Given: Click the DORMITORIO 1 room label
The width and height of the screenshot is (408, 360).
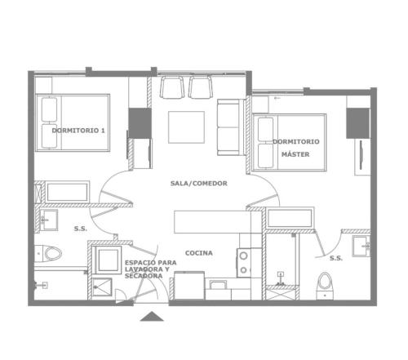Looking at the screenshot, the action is coord(78,131).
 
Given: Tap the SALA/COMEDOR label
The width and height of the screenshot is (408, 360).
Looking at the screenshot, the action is coord(199,183).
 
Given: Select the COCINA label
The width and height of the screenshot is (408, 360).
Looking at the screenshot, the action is coord(199,253).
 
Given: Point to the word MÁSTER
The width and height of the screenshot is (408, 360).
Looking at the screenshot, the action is coord(295,154).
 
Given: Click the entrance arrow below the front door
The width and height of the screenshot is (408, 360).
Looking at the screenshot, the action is coord(152,317).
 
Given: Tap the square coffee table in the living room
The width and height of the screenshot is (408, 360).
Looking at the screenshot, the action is coord(186,127).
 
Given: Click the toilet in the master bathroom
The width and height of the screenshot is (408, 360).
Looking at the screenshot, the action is coord(326,285).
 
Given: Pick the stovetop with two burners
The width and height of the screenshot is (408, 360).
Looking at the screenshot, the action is coord(244,263).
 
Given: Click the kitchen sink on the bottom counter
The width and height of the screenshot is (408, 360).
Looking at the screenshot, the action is coord(218,285).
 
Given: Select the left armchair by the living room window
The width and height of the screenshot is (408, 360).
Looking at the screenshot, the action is coord(171,87).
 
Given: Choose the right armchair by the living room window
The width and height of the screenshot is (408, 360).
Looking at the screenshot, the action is coord(201,87).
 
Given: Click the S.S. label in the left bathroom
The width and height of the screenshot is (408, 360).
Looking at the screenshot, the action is coord(81,229).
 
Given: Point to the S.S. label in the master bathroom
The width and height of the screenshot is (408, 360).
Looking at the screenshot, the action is coord(336,258).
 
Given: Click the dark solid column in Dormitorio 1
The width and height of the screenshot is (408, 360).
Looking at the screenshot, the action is coord(140,123).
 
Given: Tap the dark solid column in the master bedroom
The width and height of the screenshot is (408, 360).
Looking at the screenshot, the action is coord(358,123).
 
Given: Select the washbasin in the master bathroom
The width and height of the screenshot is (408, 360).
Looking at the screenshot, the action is coord(361,247).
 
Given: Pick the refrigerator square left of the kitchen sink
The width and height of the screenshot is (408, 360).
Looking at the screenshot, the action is coord(189,285).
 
